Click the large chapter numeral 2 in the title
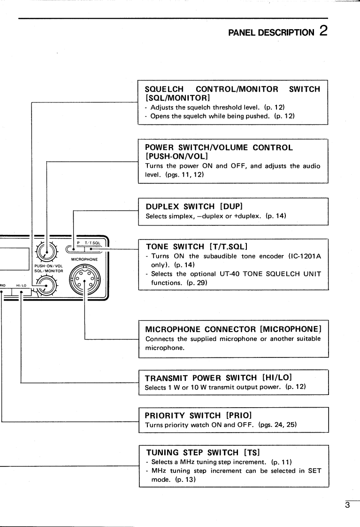click(x=323, y=31)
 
